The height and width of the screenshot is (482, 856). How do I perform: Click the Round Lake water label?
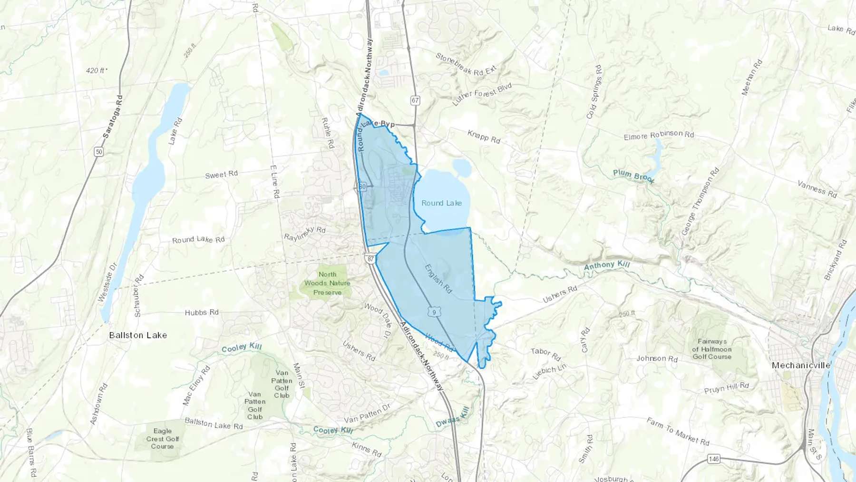pos(441,203)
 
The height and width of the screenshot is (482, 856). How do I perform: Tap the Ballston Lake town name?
pos(138,335)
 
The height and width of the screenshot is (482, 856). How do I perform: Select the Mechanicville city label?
pos(801,365)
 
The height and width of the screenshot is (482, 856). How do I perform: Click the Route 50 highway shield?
pos(98,152)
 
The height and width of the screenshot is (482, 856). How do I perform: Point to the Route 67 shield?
pos(415,100)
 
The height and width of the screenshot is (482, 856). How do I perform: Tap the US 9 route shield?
pos(434,312)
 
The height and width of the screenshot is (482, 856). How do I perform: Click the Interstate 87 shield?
pos(370,259)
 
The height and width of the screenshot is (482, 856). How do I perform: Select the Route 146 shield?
pos(713,459)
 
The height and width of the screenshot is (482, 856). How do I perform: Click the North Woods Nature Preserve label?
pos(327,283)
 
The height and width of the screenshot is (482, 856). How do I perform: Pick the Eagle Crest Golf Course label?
pos(162,439)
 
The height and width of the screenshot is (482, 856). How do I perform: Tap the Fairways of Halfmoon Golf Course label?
pos(712,349)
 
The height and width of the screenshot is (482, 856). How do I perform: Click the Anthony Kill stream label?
pos(607,266)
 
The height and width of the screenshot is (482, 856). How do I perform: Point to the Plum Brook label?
pos(633,176)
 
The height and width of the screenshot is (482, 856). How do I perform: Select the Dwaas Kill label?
pos(453,417)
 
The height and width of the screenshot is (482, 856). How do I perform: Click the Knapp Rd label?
pos(484,137)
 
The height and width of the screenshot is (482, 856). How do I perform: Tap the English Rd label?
pos(438,279)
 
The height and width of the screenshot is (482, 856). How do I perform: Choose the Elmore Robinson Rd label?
pos(659,135)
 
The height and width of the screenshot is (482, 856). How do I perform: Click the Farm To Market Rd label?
pos(678,432)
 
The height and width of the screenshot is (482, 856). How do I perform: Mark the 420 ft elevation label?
pos(97,70)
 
